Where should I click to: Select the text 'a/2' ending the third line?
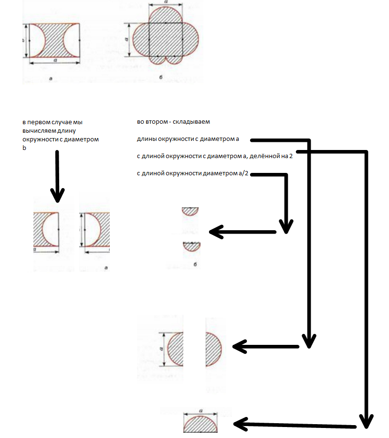click(x=244, y=173)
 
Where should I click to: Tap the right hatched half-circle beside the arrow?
click(x=213, y=349)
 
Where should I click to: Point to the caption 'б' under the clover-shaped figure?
click(x=165, y=75)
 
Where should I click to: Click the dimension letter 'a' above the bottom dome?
click(x=201, y=411)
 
